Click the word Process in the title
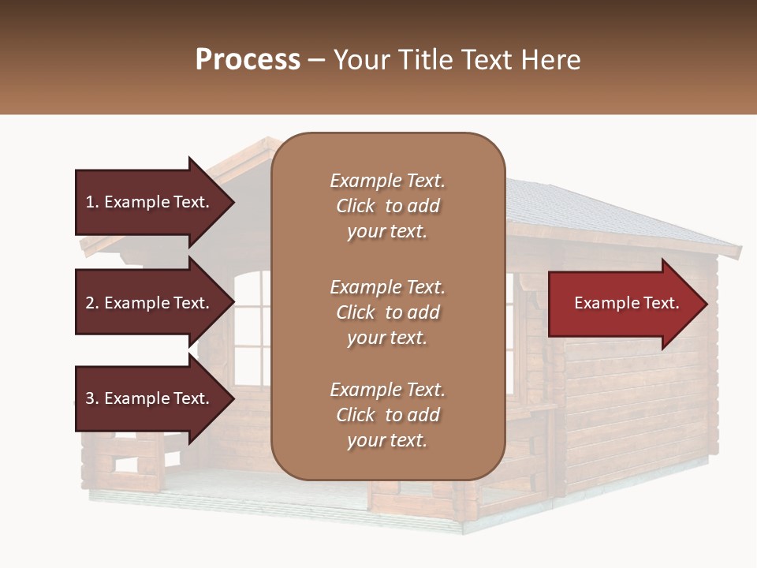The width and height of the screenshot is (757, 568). point(248,60)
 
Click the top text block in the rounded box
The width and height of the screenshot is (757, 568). point(387,206)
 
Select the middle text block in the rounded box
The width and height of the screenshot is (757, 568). point(387,312)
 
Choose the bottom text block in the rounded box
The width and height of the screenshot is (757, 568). point(387,415)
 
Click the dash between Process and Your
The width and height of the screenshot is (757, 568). point(317,61)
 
